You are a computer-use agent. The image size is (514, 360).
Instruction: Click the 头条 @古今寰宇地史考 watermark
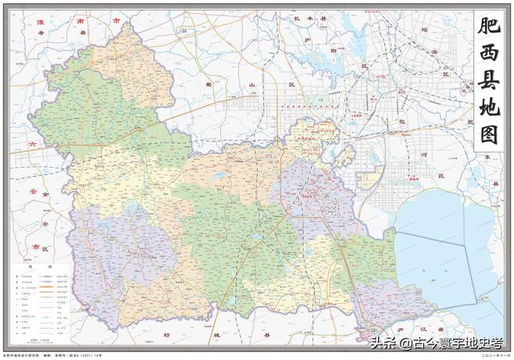point(430,344)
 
